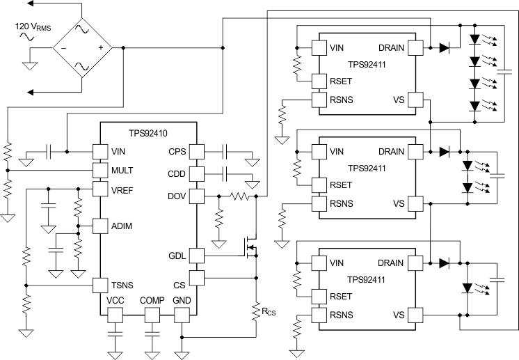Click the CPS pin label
tap(176, 151)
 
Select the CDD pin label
tap(176, 172)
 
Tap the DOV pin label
tap(176, 196)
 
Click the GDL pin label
tap(177, 256)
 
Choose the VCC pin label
tap(115, 300)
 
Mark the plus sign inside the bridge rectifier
tap(100, 48)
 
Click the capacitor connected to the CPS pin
tap(225, 150)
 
